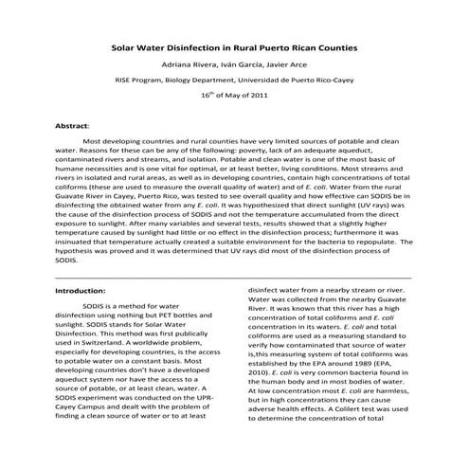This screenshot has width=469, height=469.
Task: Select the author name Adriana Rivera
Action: [x=189, y=63]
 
